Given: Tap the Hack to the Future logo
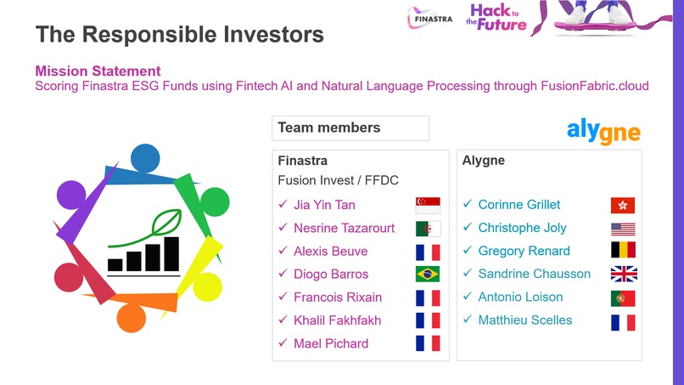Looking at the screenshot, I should click(x=497, y=16).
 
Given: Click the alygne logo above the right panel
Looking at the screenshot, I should click(x=603, y=130).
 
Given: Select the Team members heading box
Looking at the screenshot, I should click(x=352, y=128).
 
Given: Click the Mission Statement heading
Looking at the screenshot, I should click(x=98, y=71).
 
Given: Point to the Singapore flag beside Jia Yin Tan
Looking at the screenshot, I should click(x=428, y=206).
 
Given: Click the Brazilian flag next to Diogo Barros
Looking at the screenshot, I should click(x=428, y=275).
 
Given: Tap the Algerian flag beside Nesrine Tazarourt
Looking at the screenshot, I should click(x=428, y=229).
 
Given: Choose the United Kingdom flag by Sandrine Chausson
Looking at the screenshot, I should click(x=623, y=274).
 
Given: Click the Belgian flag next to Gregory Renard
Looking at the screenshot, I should click(x=623, y=251).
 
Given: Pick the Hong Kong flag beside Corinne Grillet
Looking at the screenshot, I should click(x=623, y=205).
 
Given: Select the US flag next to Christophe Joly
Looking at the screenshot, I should click(x=623, y=228).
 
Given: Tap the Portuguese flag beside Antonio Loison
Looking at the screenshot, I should click(x=623, y=297).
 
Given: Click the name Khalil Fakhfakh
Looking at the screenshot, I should click(x=337, y=320).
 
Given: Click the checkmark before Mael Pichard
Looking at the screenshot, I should click(x=283, y=343).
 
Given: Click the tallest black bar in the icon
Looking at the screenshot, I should click(x=171, y=253).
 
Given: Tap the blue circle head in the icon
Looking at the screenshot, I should click(x=144, y=157).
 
